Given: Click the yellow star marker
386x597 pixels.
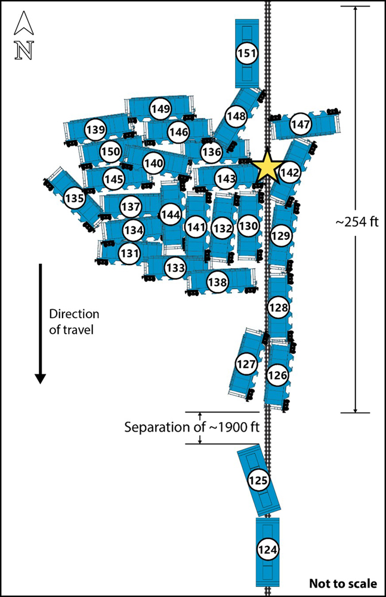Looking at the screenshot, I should pyautogui.click(x=267, y=167).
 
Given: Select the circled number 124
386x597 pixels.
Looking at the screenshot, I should pyautogui.click(x=267, y=548).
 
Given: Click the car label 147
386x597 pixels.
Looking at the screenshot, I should pyautogui.click(x=301, y=124).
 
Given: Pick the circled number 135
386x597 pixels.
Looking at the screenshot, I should pyautogui.click(x=74, y=197).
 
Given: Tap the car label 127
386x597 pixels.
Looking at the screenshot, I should pyautogui.click(x=246, y=363).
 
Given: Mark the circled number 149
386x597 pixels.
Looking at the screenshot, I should pyautogui.click(x=160, y=109).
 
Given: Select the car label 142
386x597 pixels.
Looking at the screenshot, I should pyautogui.click(x=289, y=173).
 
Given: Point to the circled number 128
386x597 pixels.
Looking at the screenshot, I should pyautogui.click(x=279, y=308).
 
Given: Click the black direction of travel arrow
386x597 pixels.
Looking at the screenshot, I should pyautogui.click(x=40, y=322).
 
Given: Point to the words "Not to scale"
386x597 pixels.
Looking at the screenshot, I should pyautogui.click(x=342, y=584).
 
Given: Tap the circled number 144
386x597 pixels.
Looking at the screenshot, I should pyautogui.click(x=171, y=214).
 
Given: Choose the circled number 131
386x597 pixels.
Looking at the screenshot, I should pyautogui.click(x=129, y=253).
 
